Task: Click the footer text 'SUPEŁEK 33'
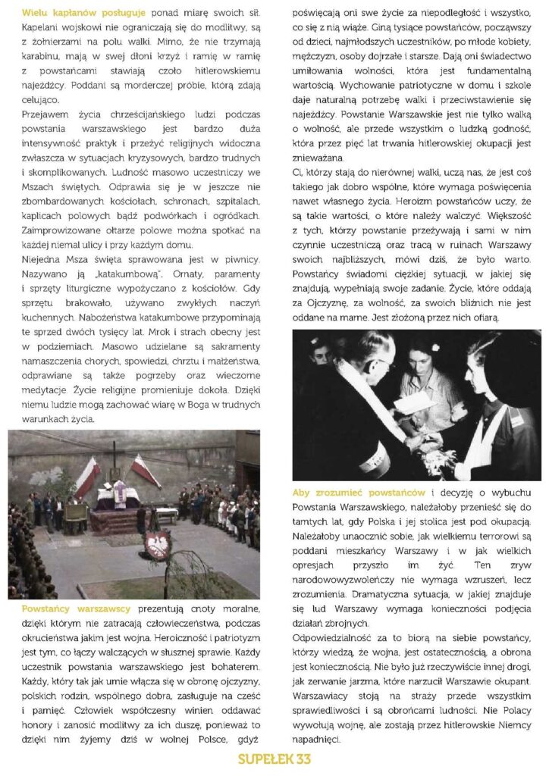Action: coord(274,759)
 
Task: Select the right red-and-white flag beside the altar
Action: coord(145,471)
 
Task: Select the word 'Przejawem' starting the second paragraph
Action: coord(45,113)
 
